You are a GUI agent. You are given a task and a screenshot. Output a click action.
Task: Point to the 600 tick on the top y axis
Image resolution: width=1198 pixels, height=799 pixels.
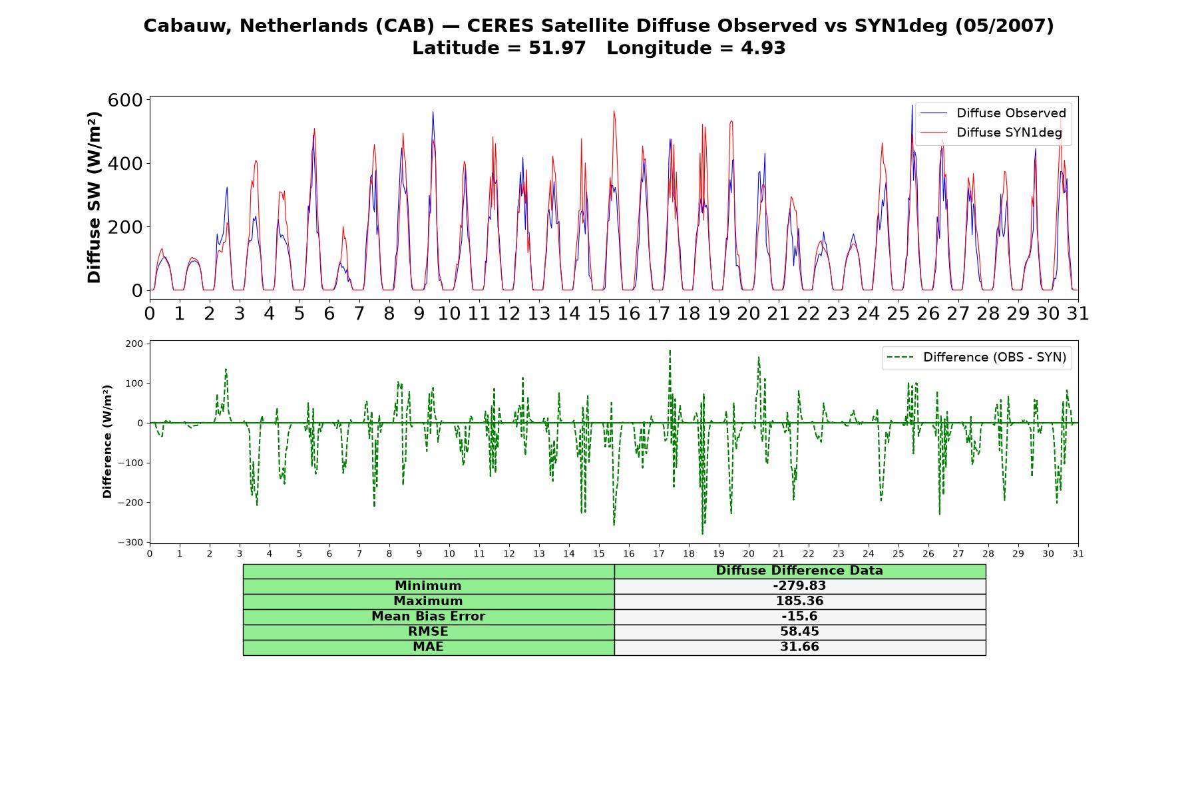pyautogui.click(x=125, y=100)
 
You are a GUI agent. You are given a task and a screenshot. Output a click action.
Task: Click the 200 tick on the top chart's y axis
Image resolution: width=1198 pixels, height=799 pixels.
pyautogui.click(x=125, y=227)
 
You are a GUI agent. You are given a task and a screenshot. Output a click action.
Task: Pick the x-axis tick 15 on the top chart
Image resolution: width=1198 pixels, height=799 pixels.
pyautogui.click(x=599, y=313)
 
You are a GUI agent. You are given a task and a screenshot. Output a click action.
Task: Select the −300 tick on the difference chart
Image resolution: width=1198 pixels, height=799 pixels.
pyautogui.click(x=130, y=543)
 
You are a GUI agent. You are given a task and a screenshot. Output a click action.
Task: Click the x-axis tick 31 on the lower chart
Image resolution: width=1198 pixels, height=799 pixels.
pyautogui.click(x=1078, y=554)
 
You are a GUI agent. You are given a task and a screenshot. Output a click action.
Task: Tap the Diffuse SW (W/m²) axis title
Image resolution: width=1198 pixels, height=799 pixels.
pyautogui.click(x=94, y=197)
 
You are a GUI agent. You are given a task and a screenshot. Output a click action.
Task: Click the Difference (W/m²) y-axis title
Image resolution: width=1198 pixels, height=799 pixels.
pyautogui.click(x=107, y=441)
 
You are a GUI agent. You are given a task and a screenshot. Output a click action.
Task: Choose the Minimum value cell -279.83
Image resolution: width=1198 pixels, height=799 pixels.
pyautogui.click(x=799, y=586)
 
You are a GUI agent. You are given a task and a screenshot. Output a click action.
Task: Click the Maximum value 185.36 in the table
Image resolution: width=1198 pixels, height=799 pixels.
pyautogui.click(x=799, y=601)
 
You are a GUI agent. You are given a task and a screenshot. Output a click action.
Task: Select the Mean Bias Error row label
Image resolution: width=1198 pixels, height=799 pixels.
pyautogui.click(x=428, y=617)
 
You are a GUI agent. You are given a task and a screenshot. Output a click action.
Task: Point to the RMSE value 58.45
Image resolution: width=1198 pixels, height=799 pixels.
pyautogui.click(x=799, y=632)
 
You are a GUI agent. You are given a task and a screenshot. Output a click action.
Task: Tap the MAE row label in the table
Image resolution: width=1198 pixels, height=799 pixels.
pyautogui.click(x=428, y=647)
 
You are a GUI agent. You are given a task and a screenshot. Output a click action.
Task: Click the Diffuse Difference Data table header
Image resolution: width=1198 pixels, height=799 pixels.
pyautogui.click(x=799, y=571)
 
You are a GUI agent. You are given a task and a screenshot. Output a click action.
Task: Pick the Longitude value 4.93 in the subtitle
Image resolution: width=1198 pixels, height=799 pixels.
pyautogui.click(x=765, y=48)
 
